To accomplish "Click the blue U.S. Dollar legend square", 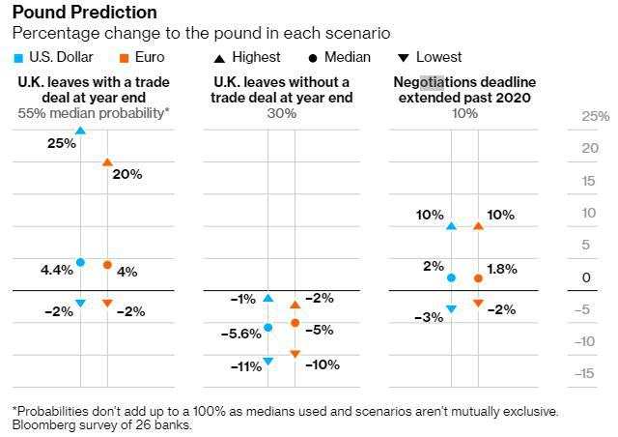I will pyautogui.click(x=19, y=57).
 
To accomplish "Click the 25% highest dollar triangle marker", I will pyautogui.click(x=80, y=130).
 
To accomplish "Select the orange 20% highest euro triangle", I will pyautogui.click(x=107, y=161).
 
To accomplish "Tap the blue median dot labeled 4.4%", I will pyautogui.click(x=80, y=262).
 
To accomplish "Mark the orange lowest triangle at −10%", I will pyautogui.click(x=295, y=354).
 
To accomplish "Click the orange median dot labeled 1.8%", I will pyautogui.click(x=478, y=278).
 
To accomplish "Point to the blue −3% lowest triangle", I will pyautogui.click(x=451, y=309).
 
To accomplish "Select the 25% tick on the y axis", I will pyautogui.click(x=596, y=117).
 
